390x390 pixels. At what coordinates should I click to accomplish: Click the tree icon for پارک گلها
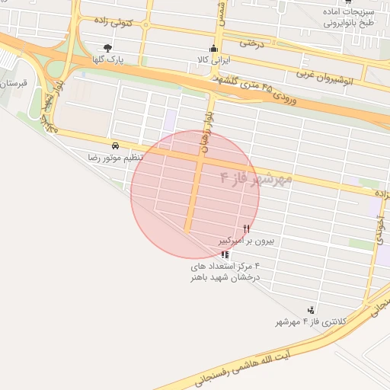107,48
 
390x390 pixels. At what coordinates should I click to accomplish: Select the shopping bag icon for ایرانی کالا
213,48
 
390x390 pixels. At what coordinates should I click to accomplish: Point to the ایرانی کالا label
208,59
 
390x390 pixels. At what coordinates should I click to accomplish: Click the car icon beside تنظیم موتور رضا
114,145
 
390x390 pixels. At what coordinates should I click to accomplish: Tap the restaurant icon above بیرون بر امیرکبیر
246,229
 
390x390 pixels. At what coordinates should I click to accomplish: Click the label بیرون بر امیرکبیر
247,240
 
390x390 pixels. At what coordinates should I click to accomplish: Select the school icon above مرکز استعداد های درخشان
224,254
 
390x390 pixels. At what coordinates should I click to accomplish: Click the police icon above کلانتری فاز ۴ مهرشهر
311,310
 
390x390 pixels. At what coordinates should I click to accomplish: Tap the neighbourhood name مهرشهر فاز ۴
256,180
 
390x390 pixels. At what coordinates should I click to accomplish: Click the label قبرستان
11,83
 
